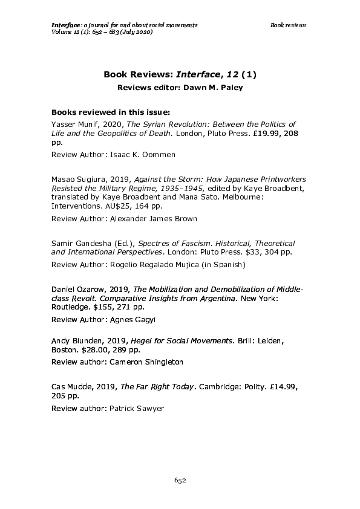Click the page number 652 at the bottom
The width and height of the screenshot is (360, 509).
180,480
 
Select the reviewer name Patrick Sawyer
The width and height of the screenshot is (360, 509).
136,409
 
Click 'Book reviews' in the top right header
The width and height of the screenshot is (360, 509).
288,25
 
